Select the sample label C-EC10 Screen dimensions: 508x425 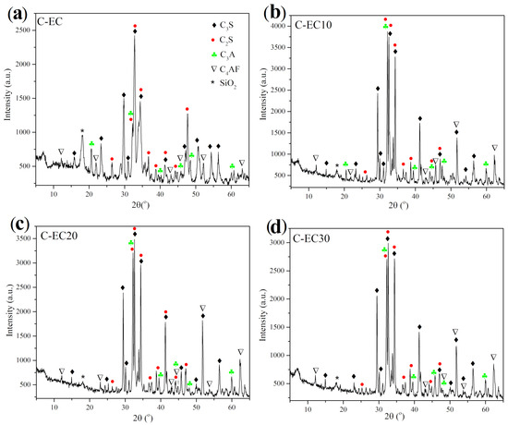(313, 24)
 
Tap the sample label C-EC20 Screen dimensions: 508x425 (59, 236)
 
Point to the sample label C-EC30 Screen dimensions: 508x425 (311, 238)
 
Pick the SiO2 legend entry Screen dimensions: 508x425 (224, 83)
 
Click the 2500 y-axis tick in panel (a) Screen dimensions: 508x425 (23, 30)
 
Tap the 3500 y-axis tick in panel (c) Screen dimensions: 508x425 (23, 238)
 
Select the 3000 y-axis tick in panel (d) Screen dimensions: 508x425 (278, 242)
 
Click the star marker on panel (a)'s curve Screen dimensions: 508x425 (82, 130)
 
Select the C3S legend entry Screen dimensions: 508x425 (223, 25)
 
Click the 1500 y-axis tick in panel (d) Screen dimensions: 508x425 (278, 327)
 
